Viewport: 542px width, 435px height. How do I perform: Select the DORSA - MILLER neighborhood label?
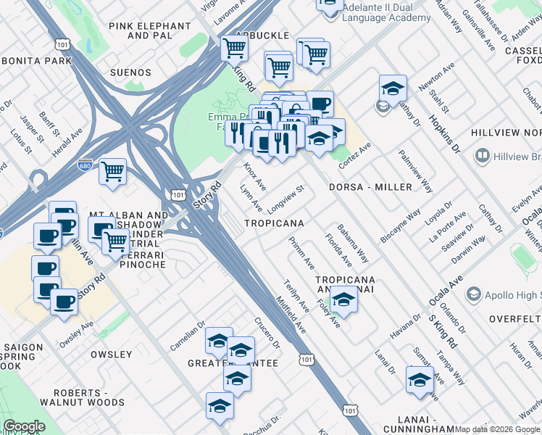click(370, 187)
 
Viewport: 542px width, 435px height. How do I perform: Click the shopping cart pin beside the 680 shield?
click(112, 172)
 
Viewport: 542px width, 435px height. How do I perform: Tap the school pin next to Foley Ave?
click(344, 299)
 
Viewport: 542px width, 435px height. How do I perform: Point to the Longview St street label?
click(285, 197)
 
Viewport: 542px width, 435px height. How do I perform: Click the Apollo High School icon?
click(474, 294)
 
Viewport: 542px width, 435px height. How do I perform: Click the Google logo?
click(24, 426)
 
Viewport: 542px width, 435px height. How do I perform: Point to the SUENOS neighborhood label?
click(130, 73)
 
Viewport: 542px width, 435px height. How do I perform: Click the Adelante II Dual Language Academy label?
click(386, 12)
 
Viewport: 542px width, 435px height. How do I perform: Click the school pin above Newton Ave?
click(392, 88)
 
